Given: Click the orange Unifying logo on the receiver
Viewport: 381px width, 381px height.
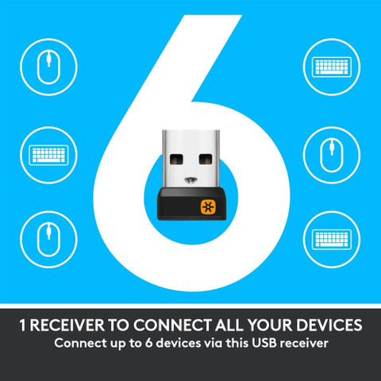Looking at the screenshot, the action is pos(209,206).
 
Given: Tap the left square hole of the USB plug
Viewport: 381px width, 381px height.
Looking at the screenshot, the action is pos(176,160).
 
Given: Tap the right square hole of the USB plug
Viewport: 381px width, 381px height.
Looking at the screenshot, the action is pos(206,160).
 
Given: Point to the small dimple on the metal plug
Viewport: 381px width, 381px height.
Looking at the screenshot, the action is pos(190,181).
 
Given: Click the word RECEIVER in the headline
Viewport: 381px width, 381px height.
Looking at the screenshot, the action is pos(67,325).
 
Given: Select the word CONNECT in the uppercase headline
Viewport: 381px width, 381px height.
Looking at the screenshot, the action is pos(173,325).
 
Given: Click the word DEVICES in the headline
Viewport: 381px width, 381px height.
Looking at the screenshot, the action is pos(329,325).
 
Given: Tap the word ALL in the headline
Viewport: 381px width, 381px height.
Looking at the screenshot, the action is pos(229,325).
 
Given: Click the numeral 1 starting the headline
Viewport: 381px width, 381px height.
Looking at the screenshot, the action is pos(23,325).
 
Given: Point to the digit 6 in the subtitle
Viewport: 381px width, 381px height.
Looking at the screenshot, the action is pos(148,343).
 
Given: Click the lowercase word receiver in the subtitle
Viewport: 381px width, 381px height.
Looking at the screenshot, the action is pos(304,344).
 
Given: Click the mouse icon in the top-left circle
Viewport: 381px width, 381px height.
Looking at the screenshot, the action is pos(48,67).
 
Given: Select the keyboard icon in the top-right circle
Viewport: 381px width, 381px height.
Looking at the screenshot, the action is pos(332,67).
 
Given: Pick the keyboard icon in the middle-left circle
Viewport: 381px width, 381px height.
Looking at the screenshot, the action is pos(48,156).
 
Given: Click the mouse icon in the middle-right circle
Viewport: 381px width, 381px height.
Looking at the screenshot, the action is pos(332,156).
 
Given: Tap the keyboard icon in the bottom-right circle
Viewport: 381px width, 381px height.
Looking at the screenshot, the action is pos(332,240).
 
